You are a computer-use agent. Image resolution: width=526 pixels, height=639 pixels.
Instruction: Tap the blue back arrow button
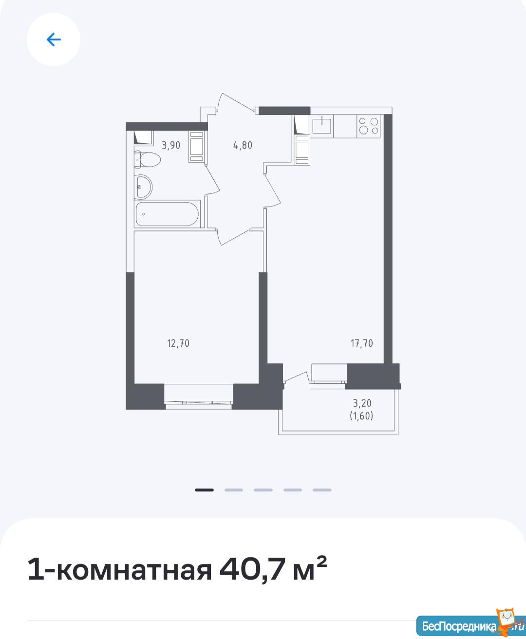click(54, 39)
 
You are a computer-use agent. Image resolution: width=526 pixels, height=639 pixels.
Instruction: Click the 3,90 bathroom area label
click(171, 146)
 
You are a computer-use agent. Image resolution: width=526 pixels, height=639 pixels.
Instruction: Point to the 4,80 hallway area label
click(243, 146)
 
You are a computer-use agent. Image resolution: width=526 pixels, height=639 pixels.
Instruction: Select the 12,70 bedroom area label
click(178, 343)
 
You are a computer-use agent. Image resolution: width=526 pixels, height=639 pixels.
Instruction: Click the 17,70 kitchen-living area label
click(362, 343)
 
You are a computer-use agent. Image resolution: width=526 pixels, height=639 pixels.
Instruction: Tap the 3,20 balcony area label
click(362, 403)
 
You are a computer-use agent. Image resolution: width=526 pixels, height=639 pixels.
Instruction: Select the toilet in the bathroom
click(147, 159)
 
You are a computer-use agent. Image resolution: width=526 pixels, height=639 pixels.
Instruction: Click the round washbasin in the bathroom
click(143, 187)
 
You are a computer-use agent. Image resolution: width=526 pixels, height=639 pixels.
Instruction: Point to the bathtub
click(168, 214)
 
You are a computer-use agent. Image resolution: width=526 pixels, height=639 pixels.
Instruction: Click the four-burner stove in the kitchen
click(369, 126)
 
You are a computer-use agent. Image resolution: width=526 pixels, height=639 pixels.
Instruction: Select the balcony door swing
click(295, 378)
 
